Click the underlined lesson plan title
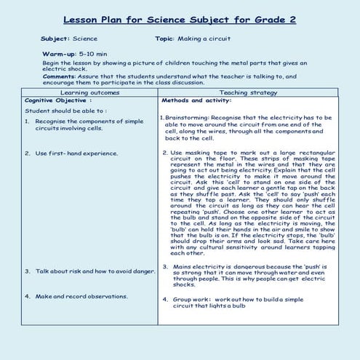(x=179, y=20)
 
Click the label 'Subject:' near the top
(x=55, y=38)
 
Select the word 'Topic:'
(x=168, y=38)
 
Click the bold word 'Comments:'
(x=60, y=76)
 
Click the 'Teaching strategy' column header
(x=248, y=92)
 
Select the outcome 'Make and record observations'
(x=82, y=296)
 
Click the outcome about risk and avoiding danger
(x=95, y=271)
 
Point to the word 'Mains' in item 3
(x=181, y=267)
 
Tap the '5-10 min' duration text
(x=93, y=54)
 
